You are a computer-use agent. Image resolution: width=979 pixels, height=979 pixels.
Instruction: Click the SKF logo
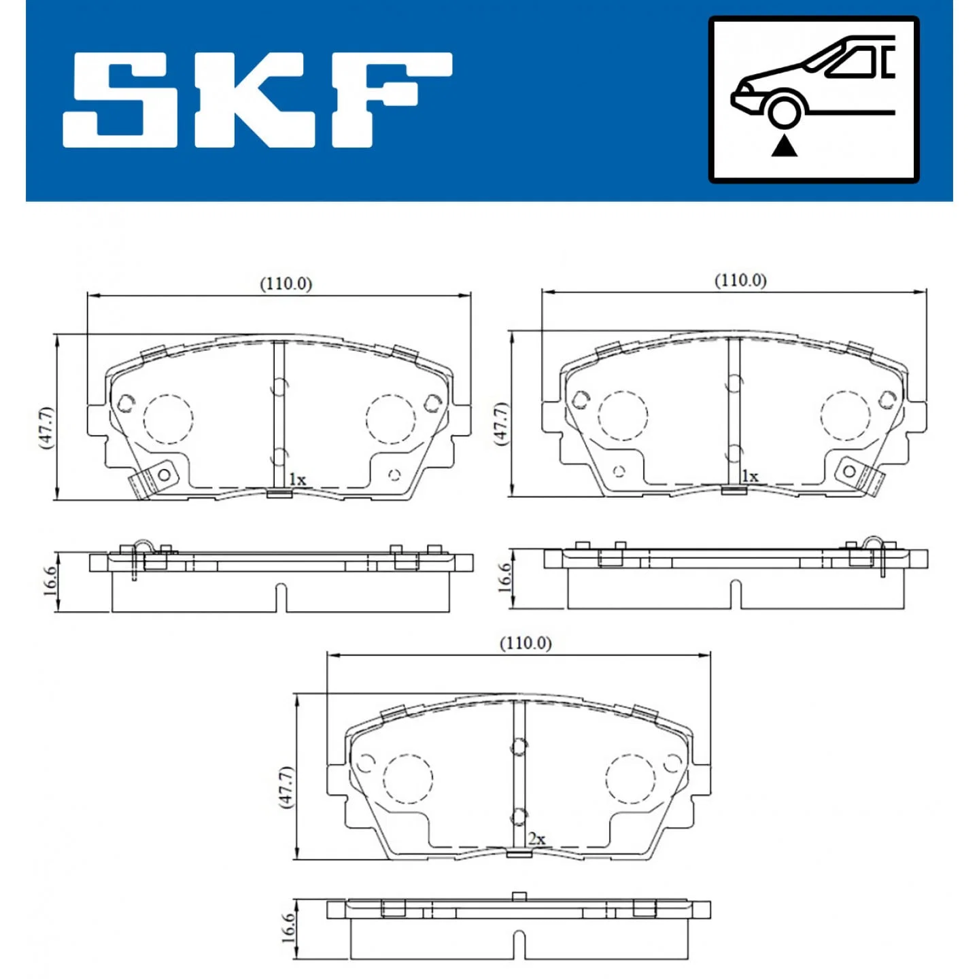coord(257,99)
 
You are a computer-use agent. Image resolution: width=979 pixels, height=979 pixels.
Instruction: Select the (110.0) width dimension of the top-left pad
coord(286,284)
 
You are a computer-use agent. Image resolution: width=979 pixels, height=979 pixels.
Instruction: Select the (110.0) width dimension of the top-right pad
coord(740,280)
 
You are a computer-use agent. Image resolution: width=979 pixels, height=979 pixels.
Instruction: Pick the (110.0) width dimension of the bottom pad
coord(526,644)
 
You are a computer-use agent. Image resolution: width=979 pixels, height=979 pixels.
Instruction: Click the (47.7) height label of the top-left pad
coord(46,427)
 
